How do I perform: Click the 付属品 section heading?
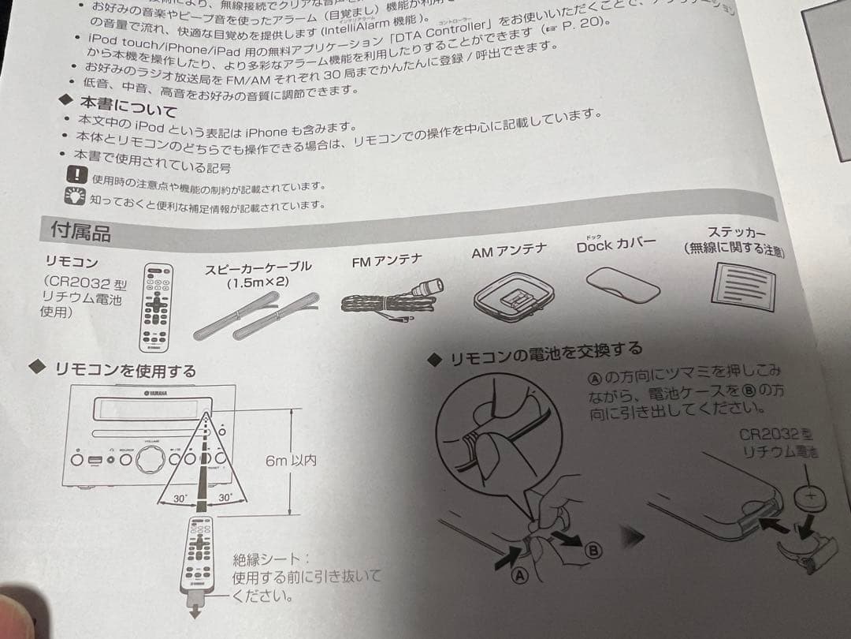tap(80, 231)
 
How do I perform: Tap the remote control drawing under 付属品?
tap(156, 307)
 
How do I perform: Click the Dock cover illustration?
tap(622, 283)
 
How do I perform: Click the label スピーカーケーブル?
tap(258, 267)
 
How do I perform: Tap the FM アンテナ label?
tap(386, 261)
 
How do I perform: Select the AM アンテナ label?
tap(508, 252)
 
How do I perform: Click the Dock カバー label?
tap(615, 245)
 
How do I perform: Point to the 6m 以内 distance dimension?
tap(291, 460)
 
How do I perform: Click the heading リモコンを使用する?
tap(124, 369)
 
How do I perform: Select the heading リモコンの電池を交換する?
tap(545, 353)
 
